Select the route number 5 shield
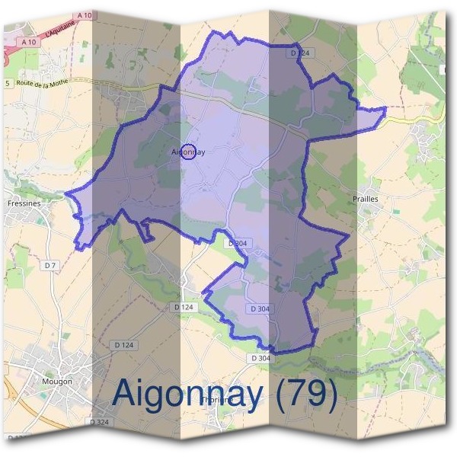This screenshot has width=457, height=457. (8, 82)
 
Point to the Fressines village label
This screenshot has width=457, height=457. (23, 204)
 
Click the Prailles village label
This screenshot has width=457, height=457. (366, 199)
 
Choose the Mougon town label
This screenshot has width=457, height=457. (58, 381)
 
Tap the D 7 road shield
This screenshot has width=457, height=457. (50, 265)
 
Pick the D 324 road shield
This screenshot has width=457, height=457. (98, 421)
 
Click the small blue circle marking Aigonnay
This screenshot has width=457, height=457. (190, 152)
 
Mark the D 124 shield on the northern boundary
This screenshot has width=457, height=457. (302, 53)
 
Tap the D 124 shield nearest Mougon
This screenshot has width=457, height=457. (123, 345)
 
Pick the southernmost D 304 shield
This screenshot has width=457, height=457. (260, 358)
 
